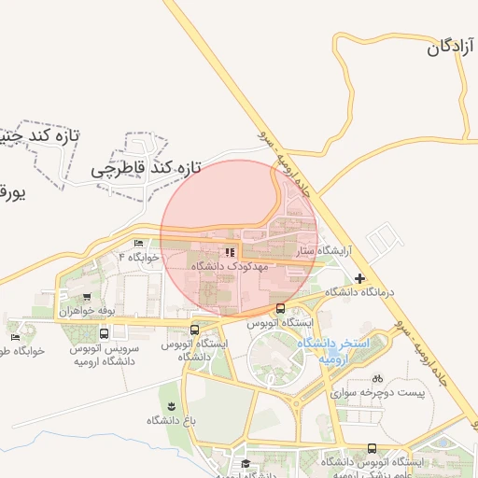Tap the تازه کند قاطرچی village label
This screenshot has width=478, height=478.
pyautogui.click(x=147, y=170)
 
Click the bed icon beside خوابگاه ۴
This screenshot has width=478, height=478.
pyautogui.click(x=139, y=244)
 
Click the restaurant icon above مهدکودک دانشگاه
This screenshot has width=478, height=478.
pyautogui.click(x=230, y=252)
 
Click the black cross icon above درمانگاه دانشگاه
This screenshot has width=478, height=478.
pyautogui.click(x=360, y=278)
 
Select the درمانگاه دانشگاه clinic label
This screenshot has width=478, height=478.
pyautogui.click(x=360, y=292)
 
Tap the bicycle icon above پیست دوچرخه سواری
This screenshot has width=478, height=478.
pyautogui.click(x=377, y=379)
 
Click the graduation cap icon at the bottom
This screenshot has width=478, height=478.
pyautogui.click(x=246, y=464)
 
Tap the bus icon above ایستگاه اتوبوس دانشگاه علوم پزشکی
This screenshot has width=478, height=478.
pyautogui.click(x=373, y=449)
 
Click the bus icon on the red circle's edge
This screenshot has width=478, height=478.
pyautogui.click(x=280, y=309)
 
